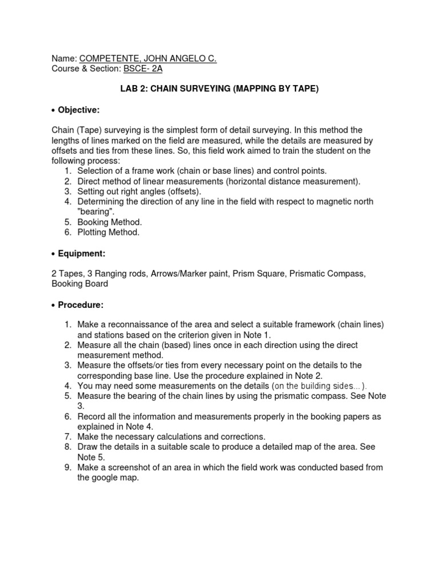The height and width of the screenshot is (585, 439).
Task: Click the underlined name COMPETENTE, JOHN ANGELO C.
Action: coord(148,58)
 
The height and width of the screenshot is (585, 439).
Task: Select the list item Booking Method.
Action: coord(109,222)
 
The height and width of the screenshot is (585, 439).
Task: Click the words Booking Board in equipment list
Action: coord(79,284)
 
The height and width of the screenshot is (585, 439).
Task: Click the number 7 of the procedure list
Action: coord(67,436)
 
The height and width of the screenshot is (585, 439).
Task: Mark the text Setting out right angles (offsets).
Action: coord(139,191)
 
